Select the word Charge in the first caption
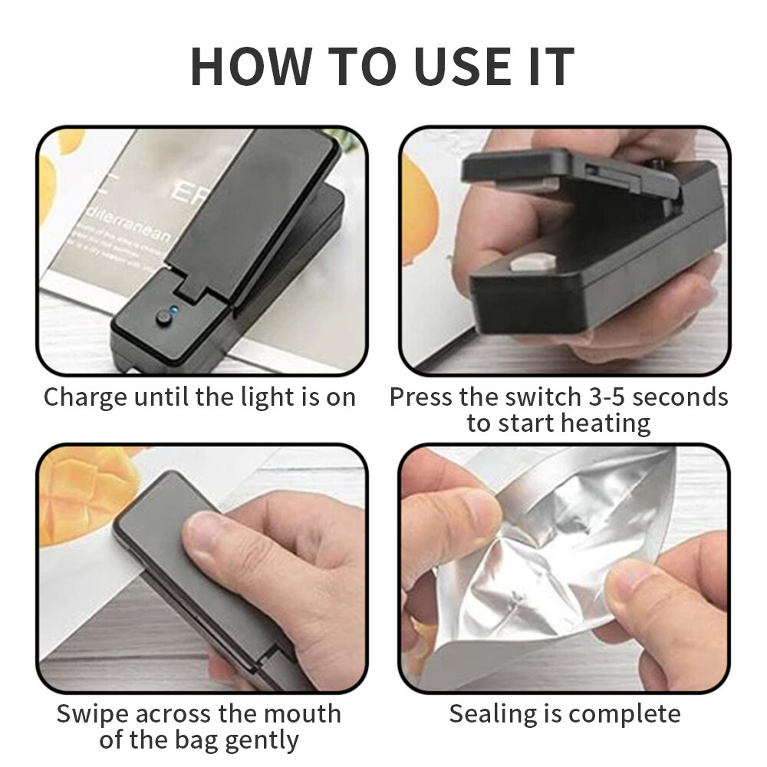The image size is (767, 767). [85, 397]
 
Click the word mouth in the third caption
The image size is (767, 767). [301, 714]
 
